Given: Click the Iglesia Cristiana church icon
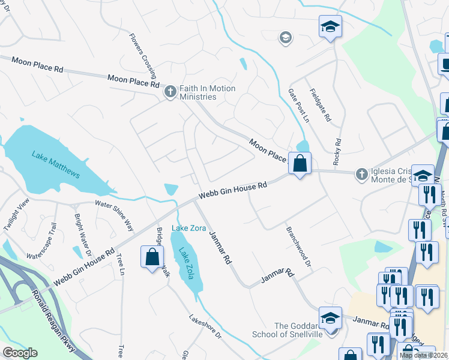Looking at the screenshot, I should point(361,173).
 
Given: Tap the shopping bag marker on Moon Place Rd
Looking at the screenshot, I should point(300,163).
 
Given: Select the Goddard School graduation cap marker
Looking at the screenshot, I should point(330,318).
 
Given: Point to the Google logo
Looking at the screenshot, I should point(20,353).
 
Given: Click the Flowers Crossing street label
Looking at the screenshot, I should point(142,56).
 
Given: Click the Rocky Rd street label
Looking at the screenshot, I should point(338,150).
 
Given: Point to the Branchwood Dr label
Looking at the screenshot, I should point(299,247).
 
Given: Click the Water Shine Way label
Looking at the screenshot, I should point(113,215).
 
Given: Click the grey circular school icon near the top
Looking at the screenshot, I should point(285,38).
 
